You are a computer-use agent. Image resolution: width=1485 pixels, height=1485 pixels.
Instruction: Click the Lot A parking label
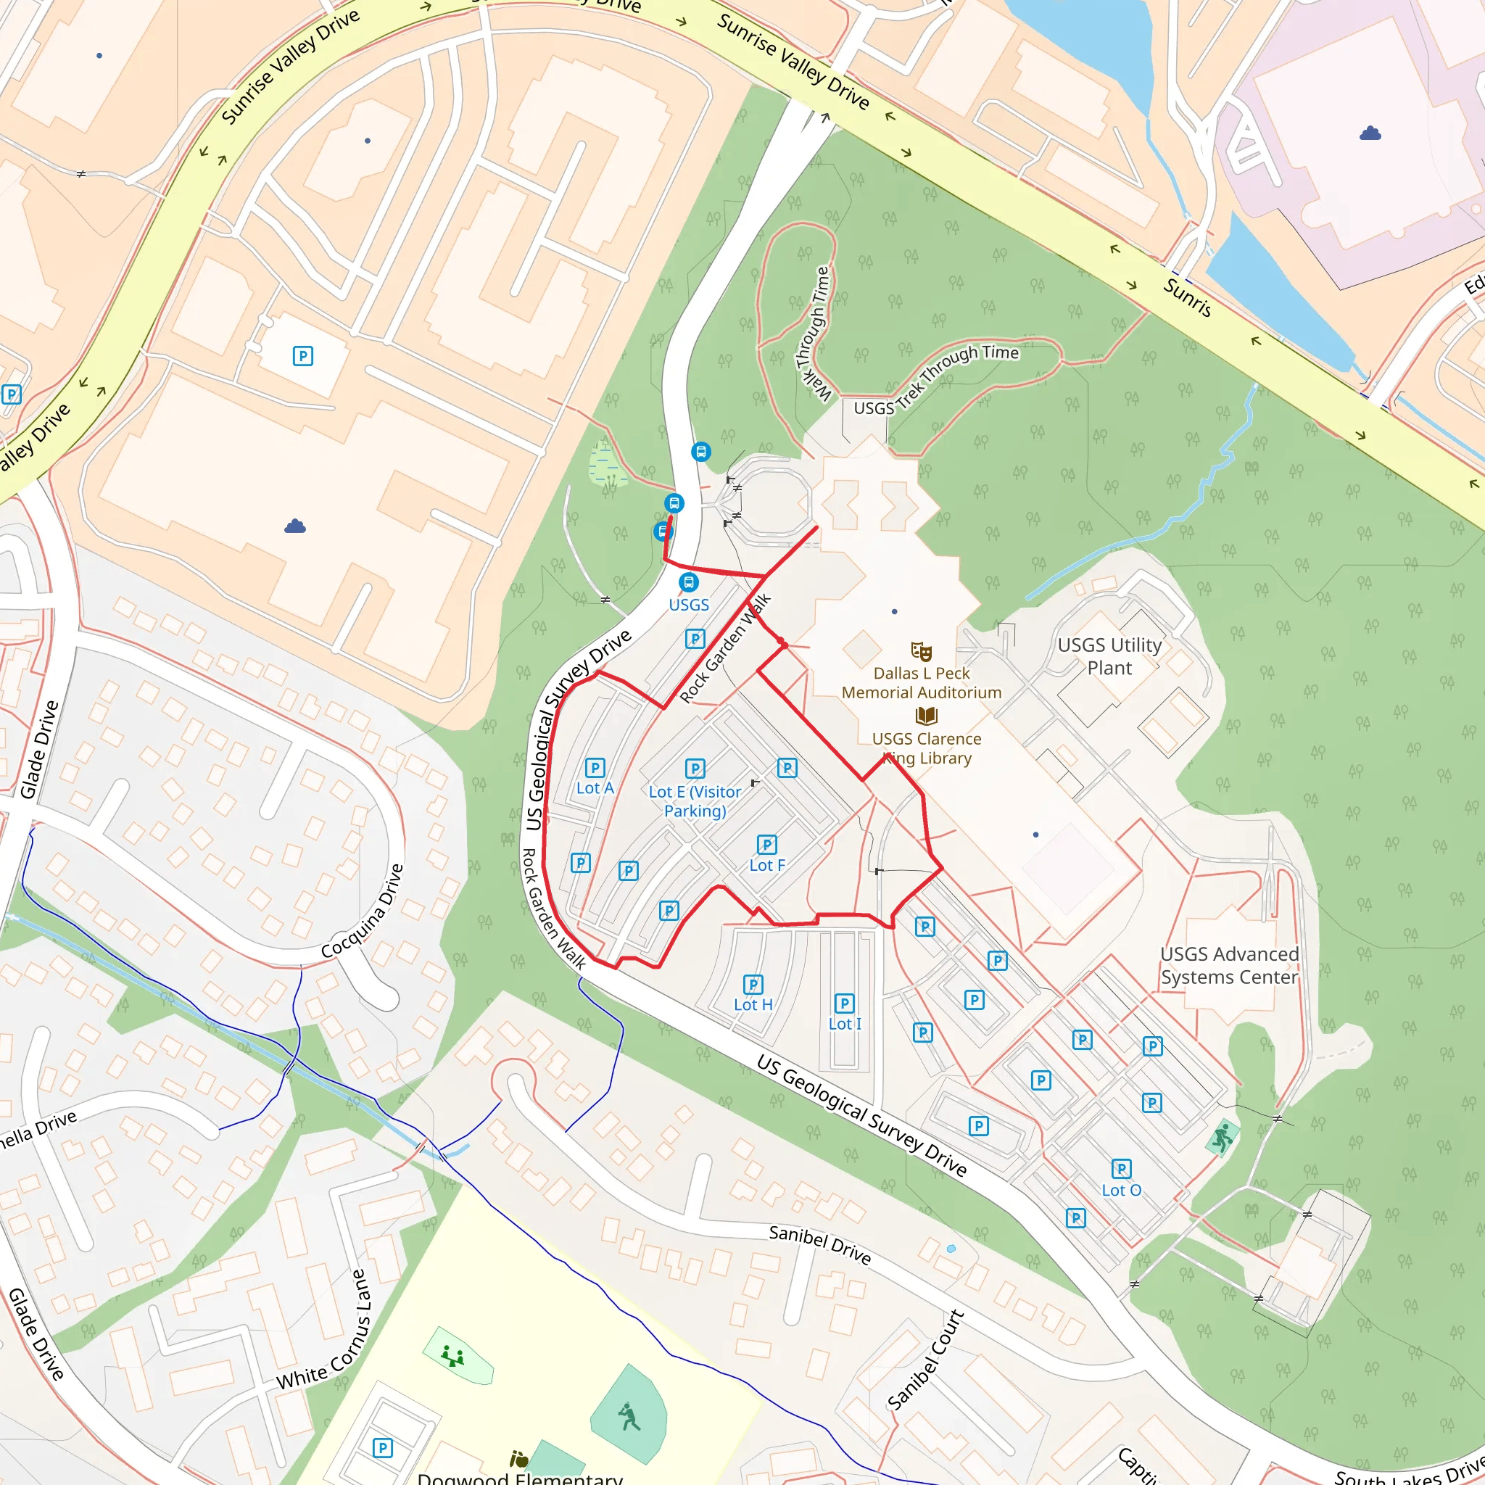[x=595, y=788]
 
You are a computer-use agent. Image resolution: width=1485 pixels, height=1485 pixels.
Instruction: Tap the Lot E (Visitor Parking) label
[x=695, y=801]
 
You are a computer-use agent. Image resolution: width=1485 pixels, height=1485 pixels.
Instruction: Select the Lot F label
[x=767, y=865]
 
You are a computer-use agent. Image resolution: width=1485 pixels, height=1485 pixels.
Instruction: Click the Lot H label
[x=753, y=1004]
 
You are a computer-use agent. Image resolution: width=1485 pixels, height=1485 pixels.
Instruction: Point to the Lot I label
[x=844, y=1023]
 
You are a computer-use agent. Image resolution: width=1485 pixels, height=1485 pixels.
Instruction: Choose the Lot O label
[x=1121, y=1190]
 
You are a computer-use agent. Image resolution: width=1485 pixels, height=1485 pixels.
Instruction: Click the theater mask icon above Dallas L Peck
[x=921, y=651]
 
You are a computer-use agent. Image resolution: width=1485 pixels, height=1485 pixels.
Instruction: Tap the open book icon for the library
[x=926, y=716]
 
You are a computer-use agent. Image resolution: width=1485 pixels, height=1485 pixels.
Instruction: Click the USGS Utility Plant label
[x=1109, y=655]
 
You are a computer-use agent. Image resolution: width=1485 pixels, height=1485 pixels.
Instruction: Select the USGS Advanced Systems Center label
[x=1228, y=965]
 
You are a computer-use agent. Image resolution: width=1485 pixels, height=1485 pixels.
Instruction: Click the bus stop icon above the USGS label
[x=689, y=582]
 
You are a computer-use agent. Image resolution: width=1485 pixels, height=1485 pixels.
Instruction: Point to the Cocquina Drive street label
[x=363, y=911]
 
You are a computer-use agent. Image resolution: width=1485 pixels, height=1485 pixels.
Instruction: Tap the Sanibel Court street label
[x=925, y=1360]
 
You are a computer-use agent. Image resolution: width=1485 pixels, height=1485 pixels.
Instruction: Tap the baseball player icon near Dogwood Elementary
[x=629, y=1416]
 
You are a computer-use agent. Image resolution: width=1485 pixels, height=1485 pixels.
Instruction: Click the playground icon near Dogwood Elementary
[x=452, y=1356]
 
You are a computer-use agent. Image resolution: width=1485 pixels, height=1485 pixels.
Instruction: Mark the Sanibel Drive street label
[x=819, y=1244]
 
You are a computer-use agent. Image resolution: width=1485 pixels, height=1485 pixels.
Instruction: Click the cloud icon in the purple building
[x=1370, y=133]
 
